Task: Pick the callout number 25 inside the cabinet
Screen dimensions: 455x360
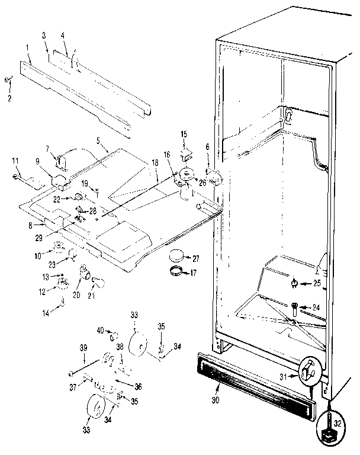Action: click(317, 284)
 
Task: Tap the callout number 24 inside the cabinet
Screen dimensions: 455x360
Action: click(316, 307)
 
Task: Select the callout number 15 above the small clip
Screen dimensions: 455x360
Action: click(184, 134)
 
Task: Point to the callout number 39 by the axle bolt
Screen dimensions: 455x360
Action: click(83, 348)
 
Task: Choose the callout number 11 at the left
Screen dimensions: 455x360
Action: click(16, 160)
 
